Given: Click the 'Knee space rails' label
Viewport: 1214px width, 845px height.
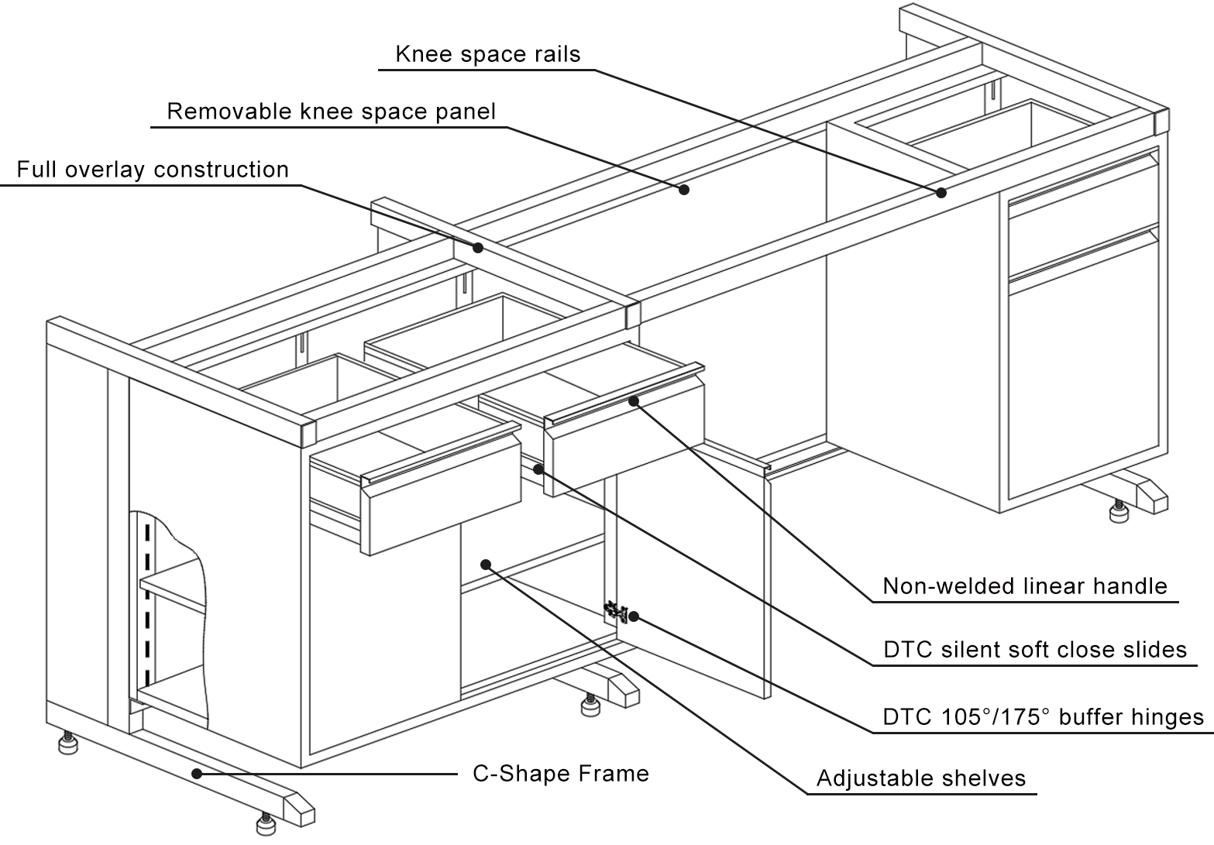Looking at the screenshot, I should (487, 54).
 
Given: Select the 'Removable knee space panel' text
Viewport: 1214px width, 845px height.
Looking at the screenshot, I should (331, 112).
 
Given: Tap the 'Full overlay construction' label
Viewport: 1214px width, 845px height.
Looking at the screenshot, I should (153, 170).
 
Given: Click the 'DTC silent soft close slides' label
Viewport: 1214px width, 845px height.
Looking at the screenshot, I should (1034, 650).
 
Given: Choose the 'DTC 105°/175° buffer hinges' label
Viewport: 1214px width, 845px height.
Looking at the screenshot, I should (1043, 717).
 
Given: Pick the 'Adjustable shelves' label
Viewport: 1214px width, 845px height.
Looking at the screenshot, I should (920, 778).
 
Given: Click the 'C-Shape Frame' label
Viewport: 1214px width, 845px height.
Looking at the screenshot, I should (561, 774).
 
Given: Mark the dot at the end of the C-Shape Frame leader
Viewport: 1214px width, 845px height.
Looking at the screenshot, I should (197, 772).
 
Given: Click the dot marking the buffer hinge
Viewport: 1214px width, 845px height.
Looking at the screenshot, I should (634, 617).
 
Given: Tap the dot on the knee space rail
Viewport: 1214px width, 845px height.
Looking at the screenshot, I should (941, 192).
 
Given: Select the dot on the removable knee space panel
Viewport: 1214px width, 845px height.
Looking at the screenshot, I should (684, 188).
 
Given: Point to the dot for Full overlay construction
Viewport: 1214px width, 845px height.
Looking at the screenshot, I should (478, 248).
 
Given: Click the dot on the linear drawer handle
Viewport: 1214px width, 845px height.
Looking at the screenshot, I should (634, 400).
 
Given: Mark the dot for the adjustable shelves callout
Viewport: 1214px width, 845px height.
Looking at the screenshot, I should (486, 564).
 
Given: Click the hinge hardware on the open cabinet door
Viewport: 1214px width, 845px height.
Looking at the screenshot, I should (615, 611).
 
